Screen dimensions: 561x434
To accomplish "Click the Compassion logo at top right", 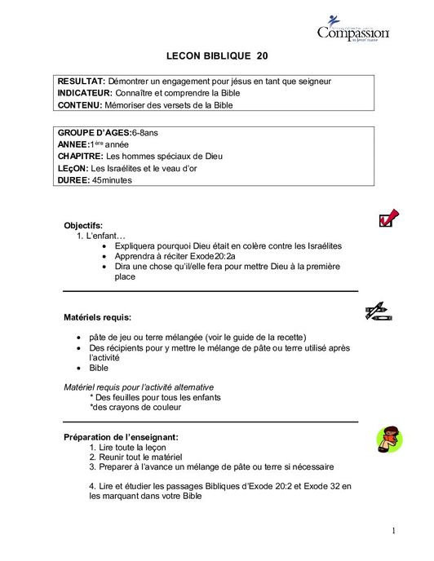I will point(353,32).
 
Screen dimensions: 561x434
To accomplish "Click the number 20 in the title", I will point(261,56).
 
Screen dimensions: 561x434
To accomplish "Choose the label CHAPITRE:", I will point(82,156).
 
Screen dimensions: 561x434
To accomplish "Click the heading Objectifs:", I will point(83,225).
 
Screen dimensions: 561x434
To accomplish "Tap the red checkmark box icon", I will point(387,218).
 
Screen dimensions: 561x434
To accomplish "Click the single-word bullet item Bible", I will point(99,368).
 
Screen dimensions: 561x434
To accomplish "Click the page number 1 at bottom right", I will point(392,532).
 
